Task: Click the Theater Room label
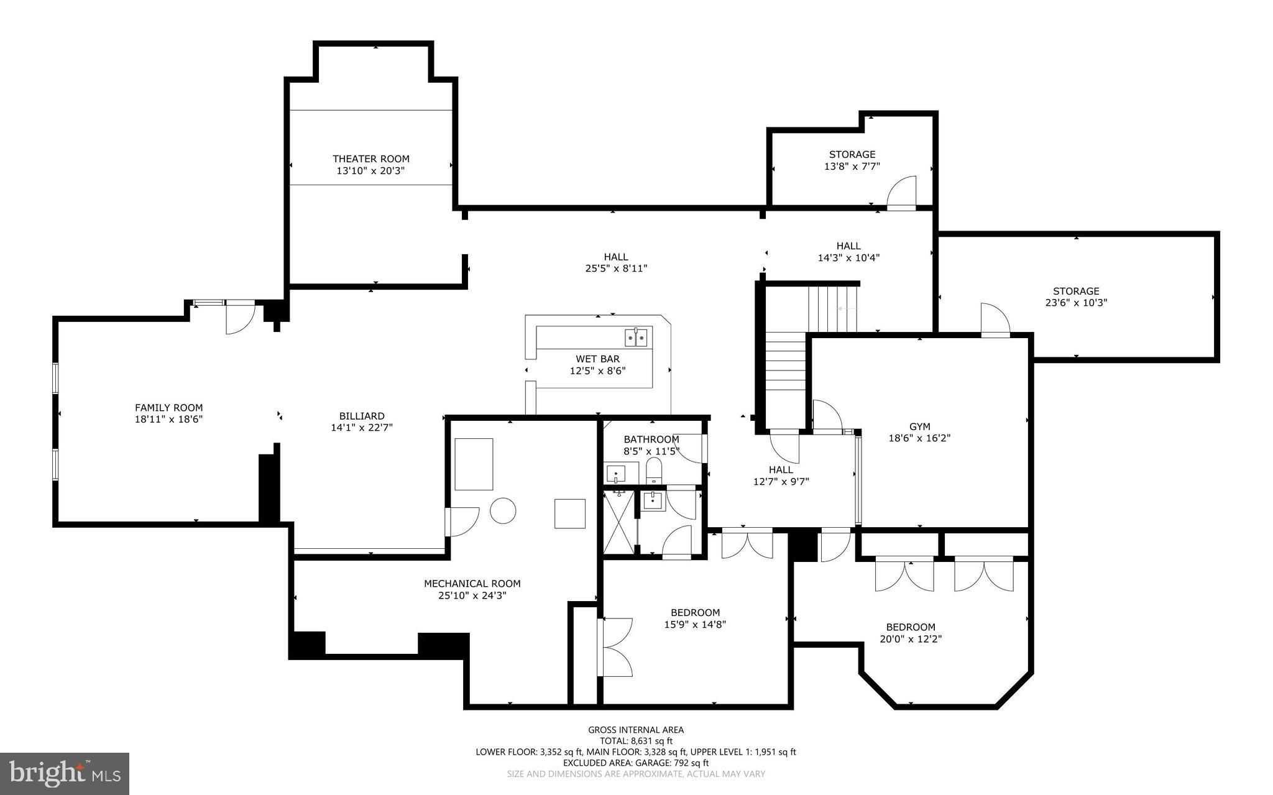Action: (371, 159)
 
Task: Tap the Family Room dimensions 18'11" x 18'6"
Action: (169, 420)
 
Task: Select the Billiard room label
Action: (362, 416)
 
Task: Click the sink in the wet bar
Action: (636, 338)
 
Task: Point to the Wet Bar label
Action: (597, 359)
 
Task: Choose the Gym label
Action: (920, 426)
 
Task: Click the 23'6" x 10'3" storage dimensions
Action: (1076, 303)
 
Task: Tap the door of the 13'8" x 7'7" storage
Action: (901, 191)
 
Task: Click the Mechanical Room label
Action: (472, 584)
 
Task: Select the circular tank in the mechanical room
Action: (503, 510)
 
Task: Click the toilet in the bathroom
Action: (655, 471)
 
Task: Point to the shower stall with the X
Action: (619, 521)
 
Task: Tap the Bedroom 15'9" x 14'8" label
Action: (695, 613)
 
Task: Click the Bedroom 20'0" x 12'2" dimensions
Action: (911, 639)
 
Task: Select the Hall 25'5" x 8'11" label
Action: (616, 257)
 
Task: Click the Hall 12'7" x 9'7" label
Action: (781, 470)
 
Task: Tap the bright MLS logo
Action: (65, 774)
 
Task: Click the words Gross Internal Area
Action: (636, 730)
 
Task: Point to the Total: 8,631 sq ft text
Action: (636, 741)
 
